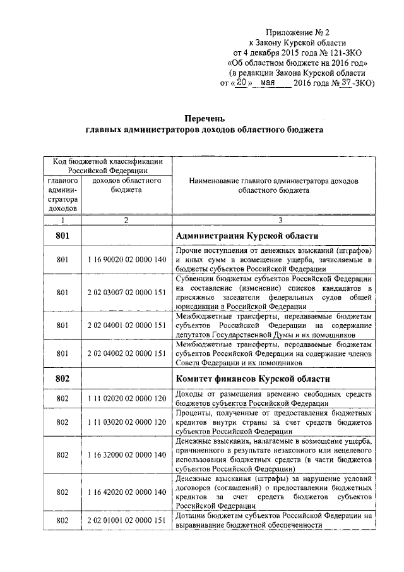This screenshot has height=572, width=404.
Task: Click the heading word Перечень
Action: tap(204, 118)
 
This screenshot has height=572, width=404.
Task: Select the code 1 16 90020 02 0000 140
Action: tap(126, 259)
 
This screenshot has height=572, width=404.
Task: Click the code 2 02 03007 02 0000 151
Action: tap(126, 293)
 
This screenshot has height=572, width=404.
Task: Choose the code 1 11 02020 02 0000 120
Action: tap(126, 399)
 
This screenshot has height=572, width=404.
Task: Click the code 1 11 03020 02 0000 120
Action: tap(126, 422)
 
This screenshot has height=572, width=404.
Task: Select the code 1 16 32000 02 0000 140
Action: tap(126, 455)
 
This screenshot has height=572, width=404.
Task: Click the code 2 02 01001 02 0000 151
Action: tap(126, 520)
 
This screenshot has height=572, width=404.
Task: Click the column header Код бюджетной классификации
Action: tap(108, 162)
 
